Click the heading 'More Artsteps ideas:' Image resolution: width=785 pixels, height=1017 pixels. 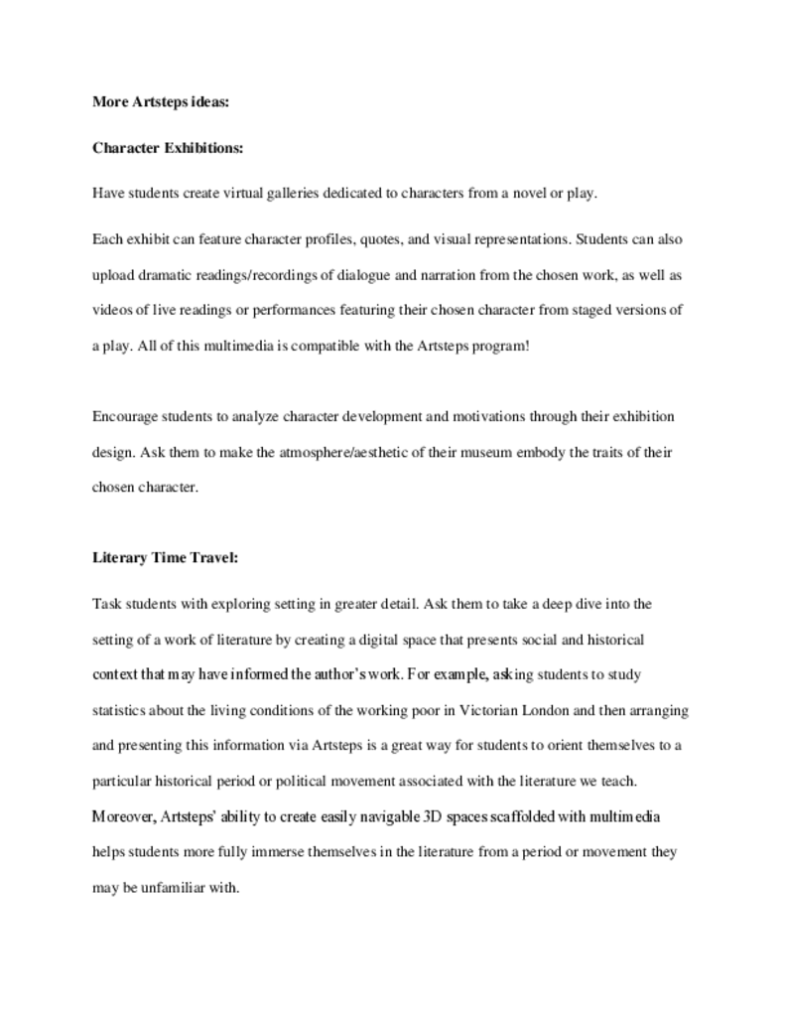pyautogui.click(x=161, y=101)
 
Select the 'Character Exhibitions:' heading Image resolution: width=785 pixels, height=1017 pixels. pyautogui.click(x=168, y=148)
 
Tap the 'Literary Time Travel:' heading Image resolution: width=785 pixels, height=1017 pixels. pyautogui.click(x=165, y=558)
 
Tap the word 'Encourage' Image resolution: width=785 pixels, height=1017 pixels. pyautogui.click(x=123, y=416)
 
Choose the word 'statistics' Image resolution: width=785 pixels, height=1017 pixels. pyautogui.click(x=121, y=711)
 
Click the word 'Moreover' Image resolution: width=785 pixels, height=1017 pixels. pyautogui.click(x=123, y=817)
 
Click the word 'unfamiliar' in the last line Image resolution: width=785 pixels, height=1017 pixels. pyautogui.click(x=176, y=888)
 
